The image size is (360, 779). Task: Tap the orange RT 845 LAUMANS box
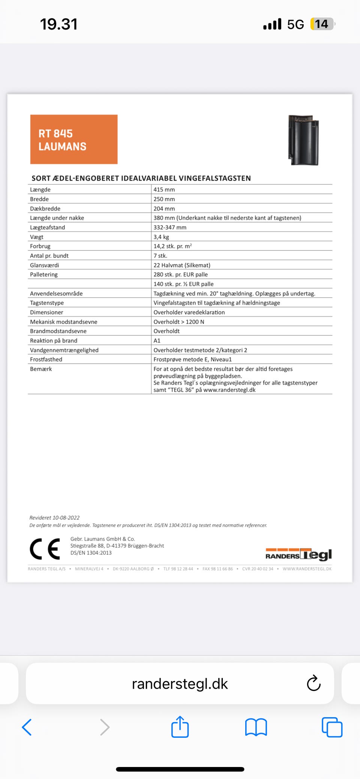[x=74, y=139]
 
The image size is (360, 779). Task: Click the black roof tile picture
[x=303, y=140]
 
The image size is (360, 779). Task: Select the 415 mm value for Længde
[x=164, y=190]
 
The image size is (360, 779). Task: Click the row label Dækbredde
[x=45, y=208]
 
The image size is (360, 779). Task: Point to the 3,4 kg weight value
[x=161, y=237]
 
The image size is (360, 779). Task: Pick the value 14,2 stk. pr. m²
[x=172, y=246]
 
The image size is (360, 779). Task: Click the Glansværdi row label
[x=45, y=265]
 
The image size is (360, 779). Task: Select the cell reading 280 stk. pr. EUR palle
[x=180, y=274]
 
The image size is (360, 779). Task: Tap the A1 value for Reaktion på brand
[x=157, y=340]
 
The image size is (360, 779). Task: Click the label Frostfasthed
[x=46, y=359]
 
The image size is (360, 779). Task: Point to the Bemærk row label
[x=41, y=369]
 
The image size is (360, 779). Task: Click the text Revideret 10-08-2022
[x=54, y=518]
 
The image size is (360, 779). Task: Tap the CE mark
[x=45, y=549]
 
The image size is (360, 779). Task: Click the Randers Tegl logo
[x=298, y=554]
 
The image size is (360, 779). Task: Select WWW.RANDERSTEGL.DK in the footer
[x=307, y=569]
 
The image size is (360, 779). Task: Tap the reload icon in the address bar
[x=313, y=683]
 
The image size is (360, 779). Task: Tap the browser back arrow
[x=27, y=727]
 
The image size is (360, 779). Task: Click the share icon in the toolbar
[x=180, y=727]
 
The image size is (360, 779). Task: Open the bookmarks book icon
[x=256, y=727]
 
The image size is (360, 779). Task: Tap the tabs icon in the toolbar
[x=332, y=727]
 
